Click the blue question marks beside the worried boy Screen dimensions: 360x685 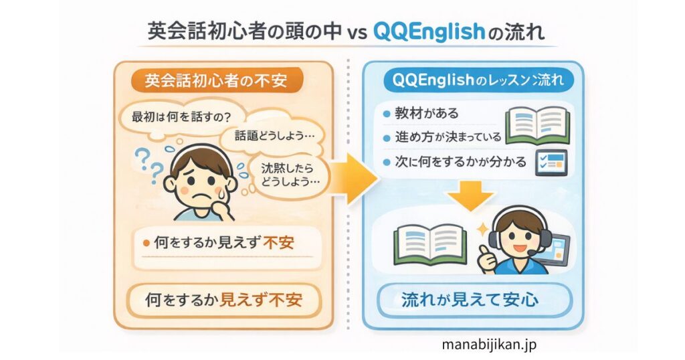click(149, 164)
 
